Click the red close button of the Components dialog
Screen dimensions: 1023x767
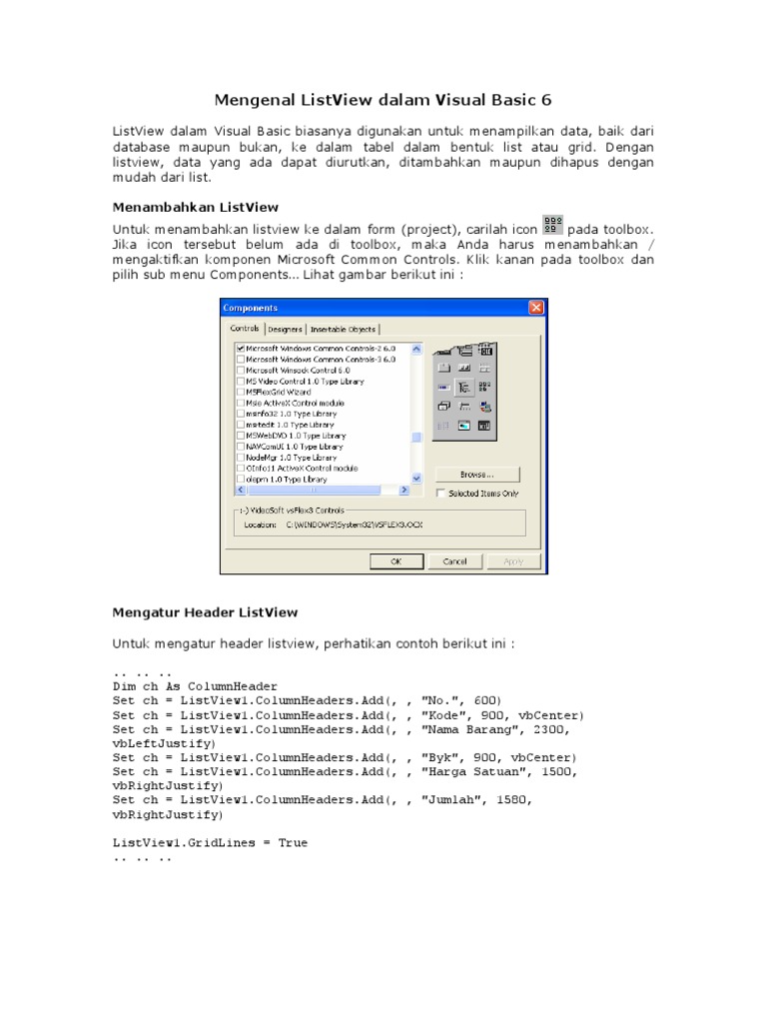(536, 309)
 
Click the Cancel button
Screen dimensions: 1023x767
(454, 561)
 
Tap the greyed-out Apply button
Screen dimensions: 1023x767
(512, 561)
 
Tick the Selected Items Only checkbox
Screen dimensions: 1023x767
(441, 494)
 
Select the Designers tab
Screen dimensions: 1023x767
(285, 329)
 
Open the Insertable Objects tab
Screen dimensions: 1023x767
(343, 329)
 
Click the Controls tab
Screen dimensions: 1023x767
(245, 328)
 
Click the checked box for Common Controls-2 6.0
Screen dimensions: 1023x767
(240, 348)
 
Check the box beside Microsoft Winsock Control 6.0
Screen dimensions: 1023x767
(240, 370)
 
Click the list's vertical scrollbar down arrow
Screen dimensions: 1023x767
(417, 480)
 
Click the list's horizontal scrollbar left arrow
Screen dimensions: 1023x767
(240, 491)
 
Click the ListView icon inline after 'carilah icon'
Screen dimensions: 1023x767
(552, 225)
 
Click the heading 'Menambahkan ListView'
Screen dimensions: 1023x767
(195, 208)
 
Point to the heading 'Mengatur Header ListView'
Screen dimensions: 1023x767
(205, 611)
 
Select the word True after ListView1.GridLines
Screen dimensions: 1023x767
(293, 843)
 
